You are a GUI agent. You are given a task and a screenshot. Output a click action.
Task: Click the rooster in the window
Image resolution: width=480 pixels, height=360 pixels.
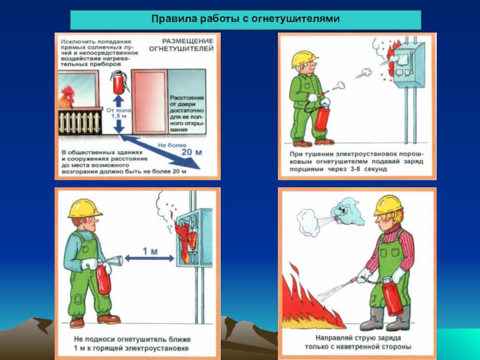pyautogui.click(x=67, y=97)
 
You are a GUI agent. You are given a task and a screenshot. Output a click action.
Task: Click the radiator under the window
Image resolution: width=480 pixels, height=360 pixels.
pyautogui.click(x=80, y=122)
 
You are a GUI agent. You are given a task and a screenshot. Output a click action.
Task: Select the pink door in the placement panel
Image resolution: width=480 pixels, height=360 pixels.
pyautogui.click(x=149, y=101)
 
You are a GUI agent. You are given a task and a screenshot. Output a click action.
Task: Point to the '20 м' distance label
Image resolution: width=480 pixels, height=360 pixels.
pyautogui.click(x=191, y=152)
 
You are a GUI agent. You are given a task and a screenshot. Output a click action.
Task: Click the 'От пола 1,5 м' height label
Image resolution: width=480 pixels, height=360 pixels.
pyautogui.click(x=119, y=113)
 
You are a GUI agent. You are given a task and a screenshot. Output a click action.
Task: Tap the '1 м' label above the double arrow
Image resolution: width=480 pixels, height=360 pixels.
pyautogui.click(x=150, y=251)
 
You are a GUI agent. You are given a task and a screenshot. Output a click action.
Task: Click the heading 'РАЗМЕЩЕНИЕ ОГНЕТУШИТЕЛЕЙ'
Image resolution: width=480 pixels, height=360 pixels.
pyautogui.click(x=181, y=44)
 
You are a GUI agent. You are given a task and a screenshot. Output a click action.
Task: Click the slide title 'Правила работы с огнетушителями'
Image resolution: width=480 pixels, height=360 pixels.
pyautogui.click(x=245, y=19)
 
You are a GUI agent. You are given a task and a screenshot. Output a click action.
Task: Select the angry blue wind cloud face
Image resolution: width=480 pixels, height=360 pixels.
pyautogui.click(x=347, y=211)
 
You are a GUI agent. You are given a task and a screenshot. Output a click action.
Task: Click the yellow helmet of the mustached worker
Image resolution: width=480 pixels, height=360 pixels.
pyautogui.click(x=304, y=59)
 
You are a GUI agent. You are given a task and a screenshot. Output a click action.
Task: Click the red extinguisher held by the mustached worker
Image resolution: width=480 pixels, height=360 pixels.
pyautogui.click(x=322, y=118)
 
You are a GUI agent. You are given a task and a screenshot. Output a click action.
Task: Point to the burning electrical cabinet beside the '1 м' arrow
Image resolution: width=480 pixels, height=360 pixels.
pyautogui.click(x=194, y=238)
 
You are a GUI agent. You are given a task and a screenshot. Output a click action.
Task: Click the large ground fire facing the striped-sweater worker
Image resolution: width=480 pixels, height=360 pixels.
pyautogui.click(x=309, y=302)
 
